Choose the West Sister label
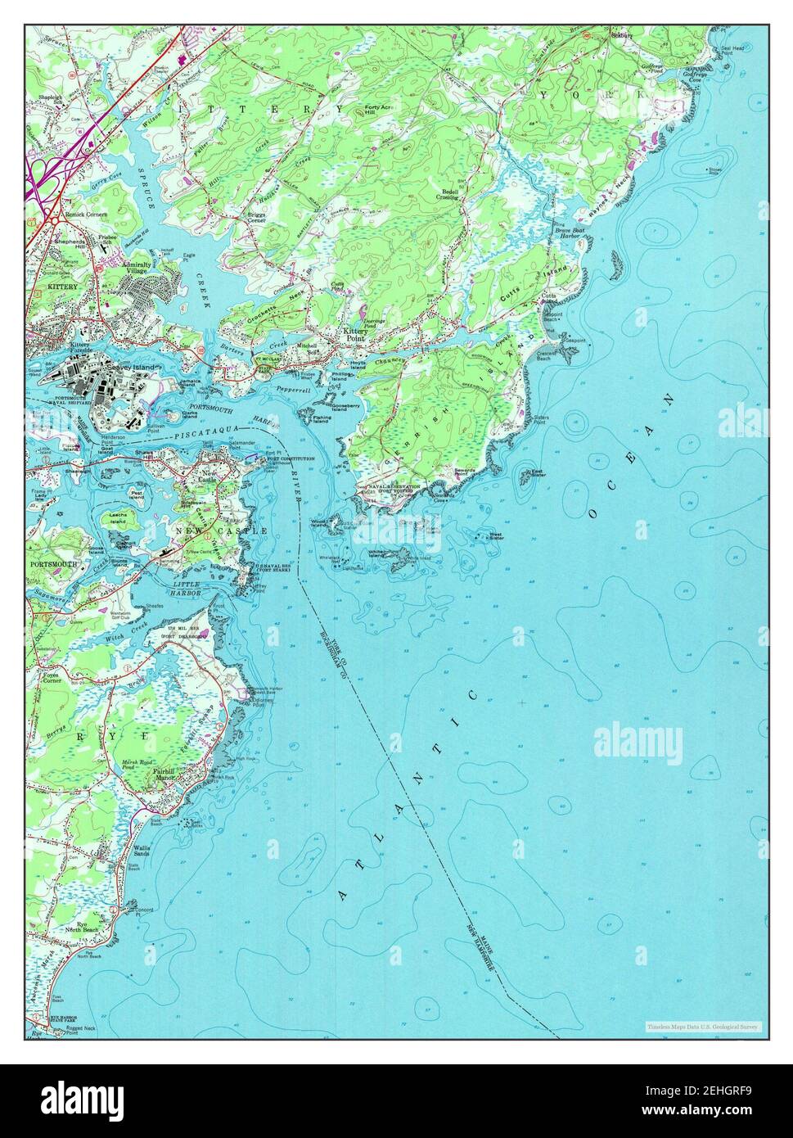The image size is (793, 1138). coord(496,536)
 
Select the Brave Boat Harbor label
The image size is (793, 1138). coord(567,233)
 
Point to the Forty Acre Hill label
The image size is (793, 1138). coord(378,109)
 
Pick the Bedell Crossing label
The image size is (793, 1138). coord(447,194)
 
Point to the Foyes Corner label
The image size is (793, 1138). coord(52,677)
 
